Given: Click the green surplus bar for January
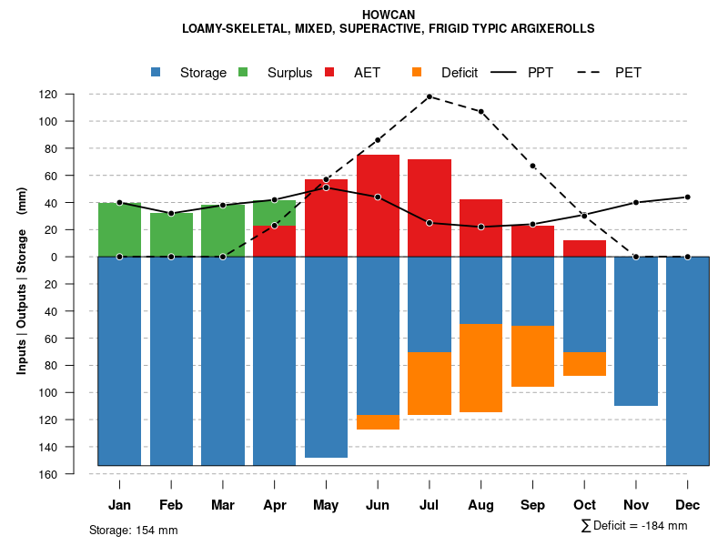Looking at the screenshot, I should (119, 229).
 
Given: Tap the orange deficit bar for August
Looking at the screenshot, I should (480, 368).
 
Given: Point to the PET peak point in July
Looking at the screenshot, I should (430, 96).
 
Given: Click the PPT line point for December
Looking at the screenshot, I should (687, 197).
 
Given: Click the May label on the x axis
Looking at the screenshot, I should (326, 505).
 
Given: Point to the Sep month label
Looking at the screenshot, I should (532, 505).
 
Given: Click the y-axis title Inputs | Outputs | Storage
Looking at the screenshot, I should (22, 280).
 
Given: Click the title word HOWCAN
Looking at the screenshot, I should (389, 15).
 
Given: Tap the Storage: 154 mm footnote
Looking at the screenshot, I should (133, 530).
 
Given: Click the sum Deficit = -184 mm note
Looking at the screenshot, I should (633, 526).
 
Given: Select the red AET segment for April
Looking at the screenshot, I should (274, 241).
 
